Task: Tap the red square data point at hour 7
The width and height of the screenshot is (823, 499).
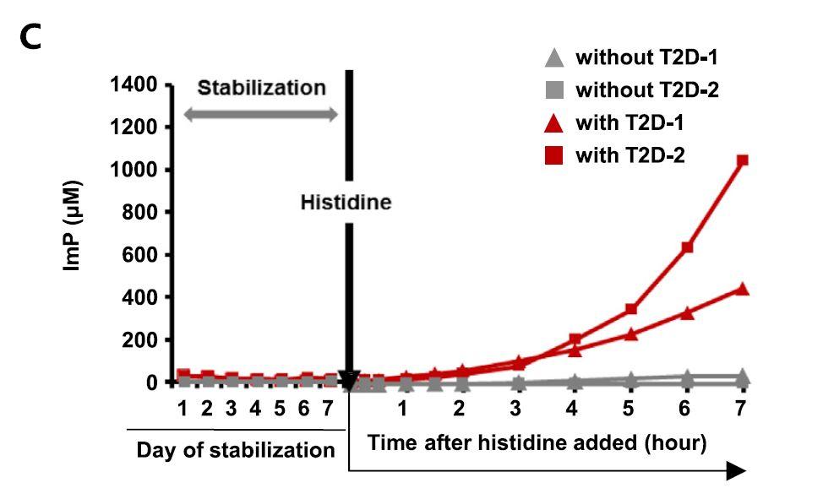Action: [743, 160]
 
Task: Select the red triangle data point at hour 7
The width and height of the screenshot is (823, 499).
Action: [743, 289]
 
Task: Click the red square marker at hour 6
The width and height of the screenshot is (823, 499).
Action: [687, 247]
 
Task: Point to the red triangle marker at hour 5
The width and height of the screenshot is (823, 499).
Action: [630, 334]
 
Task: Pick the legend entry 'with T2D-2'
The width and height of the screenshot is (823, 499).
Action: [630, 156]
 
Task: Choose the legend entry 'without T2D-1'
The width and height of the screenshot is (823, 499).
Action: [646, 58]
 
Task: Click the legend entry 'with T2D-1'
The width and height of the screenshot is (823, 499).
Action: [630, 123]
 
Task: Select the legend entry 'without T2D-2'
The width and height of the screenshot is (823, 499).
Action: [646, 90]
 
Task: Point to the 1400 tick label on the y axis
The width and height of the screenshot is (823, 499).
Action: [134, 84]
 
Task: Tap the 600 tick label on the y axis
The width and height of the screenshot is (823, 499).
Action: [140, 255]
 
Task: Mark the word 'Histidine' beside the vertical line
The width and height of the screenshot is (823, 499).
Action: [346, 203]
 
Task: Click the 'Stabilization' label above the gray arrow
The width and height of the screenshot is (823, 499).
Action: [261, 88]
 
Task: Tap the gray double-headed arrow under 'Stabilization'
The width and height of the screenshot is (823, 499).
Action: [261, 116]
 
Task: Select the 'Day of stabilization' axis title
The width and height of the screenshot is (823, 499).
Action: [236, 450]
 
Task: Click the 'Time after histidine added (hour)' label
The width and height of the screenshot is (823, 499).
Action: [537, 442]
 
